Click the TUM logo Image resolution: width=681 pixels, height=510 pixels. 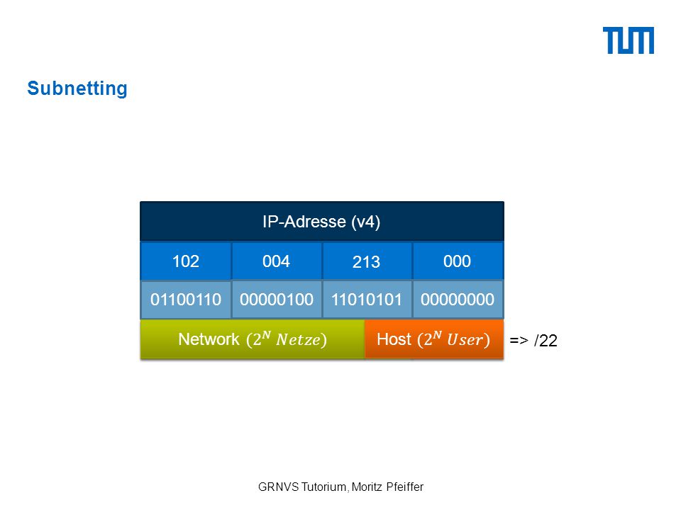pos(628,40)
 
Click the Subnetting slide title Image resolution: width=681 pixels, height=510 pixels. pos(77,88)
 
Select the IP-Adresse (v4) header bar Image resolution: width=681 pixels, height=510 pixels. pos(322,221)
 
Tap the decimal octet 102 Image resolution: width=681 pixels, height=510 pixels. pos(186,261)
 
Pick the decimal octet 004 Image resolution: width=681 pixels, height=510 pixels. pos(276,261)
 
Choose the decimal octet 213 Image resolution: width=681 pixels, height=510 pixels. pos(367,261)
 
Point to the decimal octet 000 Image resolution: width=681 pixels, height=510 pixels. pos(458,261)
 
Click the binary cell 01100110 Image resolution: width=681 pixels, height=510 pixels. pos(186,299)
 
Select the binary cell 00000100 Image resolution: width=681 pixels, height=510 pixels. pos(277,299)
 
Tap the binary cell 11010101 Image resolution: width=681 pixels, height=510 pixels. pos(367,299)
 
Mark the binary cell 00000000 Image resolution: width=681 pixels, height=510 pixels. pos(458,299)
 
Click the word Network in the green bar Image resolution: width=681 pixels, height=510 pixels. pos(209,339)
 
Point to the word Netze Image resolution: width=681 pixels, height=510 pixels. pos(299,339)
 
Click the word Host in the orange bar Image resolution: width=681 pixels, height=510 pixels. pos(394,339)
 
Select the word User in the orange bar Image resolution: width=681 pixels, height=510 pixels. pos(465,339)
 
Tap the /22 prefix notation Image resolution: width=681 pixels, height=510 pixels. pos(546,341)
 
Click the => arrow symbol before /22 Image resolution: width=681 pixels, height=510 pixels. pos(519,341)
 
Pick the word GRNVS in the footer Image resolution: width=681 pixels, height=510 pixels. pos(278,487)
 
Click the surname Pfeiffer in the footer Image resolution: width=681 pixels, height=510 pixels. pos(405,487)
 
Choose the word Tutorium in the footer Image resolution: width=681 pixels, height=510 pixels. pos(324,487)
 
